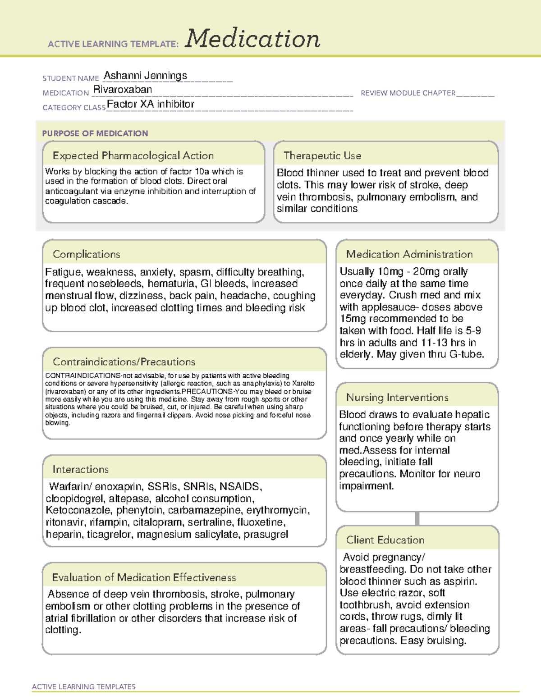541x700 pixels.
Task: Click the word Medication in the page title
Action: pyautogui.click(x=252, y=39)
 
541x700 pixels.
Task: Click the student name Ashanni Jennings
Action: pyautogui.click(x=145, y=76)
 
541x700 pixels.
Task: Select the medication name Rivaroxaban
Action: pyautogui.click(x=123, y=90)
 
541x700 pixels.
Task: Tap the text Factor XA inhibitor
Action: pyautogui.click(x=151, y=104)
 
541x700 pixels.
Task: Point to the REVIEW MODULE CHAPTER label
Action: pyautogui.click(x=408, y=93)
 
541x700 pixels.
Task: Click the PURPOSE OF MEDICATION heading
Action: pyautogui.click(x=95, y=133)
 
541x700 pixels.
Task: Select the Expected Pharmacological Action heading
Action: pyautogui.click(x=133, y=156)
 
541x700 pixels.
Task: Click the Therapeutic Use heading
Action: pyautogui.click(x=322, y=156)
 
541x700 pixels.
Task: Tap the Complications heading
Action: pyautogui.click(x=86, y=254)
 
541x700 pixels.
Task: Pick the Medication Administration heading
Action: pyautogui.click(x=409, y=254)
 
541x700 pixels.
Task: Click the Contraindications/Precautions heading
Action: pyautogui.click(x=124, y=361)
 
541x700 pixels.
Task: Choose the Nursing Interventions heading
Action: pyautogui.click(x=397, y=398)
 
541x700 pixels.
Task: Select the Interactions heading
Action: pyautogui.click(x=80, y=469)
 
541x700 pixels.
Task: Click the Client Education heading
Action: pyautogui.click(x=385, y=540)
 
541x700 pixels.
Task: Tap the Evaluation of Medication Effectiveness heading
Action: pyautogui.click(x=144, y=577)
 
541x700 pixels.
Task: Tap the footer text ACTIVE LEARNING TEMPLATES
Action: pyautogui.click(x=83, y=686)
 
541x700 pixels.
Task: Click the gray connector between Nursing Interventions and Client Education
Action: pyautogui.click(x=417, y=518)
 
